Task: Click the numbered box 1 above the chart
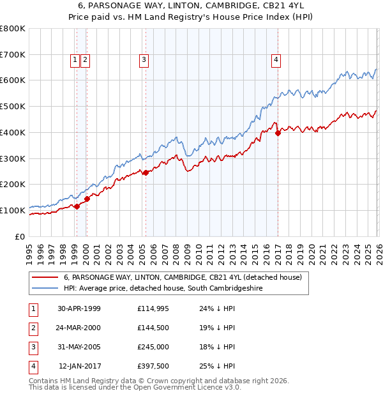[x=75, y=60]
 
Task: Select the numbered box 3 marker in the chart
[x=144, y=60]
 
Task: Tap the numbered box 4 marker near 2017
[x=276, y=60]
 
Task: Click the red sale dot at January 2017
[x=278, y=133]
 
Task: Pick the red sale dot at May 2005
[x=146, y=172]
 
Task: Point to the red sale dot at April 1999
[x=77, y=206]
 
